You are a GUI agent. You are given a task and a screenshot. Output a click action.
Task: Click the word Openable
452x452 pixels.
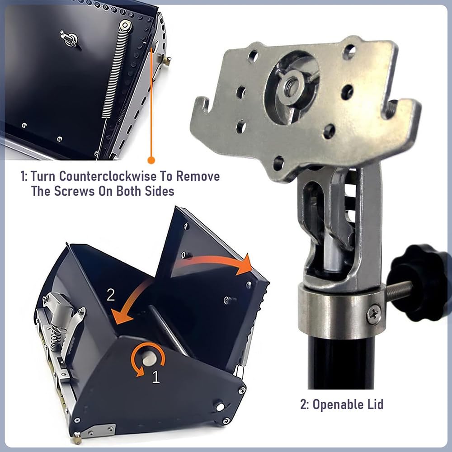[338, 405]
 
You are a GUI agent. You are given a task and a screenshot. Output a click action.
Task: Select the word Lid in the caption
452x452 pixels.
[375, 404]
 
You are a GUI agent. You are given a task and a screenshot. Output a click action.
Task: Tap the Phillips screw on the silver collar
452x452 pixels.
[374, 315]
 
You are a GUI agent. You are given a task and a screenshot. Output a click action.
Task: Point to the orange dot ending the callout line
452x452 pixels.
[151, 160]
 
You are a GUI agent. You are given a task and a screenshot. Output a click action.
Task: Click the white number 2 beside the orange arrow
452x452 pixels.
[111, 295]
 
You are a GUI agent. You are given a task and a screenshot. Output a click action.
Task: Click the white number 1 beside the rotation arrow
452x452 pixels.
[155, 377]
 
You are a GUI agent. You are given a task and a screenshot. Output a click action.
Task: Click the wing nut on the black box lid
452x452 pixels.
[69, 38]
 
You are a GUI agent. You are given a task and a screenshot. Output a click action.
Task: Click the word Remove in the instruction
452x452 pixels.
[198, 176]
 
